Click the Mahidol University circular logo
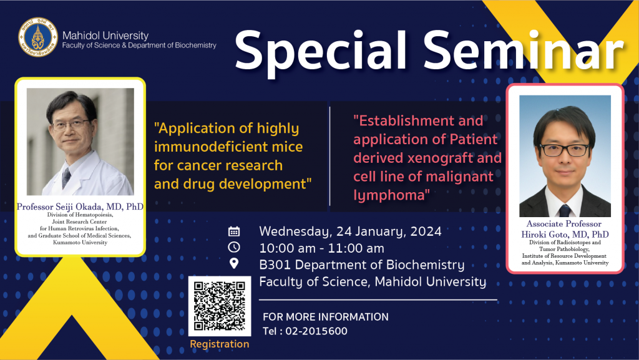[38, 37]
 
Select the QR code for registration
[219, 306]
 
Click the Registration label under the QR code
[219, 344]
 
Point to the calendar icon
[234, 231]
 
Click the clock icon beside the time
[234, 247]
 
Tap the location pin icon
[234, 263]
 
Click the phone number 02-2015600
[316, 331]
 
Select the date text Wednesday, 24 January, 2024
[350, 231]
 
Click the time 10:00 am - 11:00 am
[321, 248]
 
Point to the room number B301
[275, 265]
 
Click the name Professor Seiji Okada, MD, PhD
[80, 207]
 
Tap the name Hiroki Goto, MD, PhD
[565, 234]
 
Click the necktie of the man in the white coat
[66, 178]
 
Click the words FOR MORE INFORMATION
[326, 317]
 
